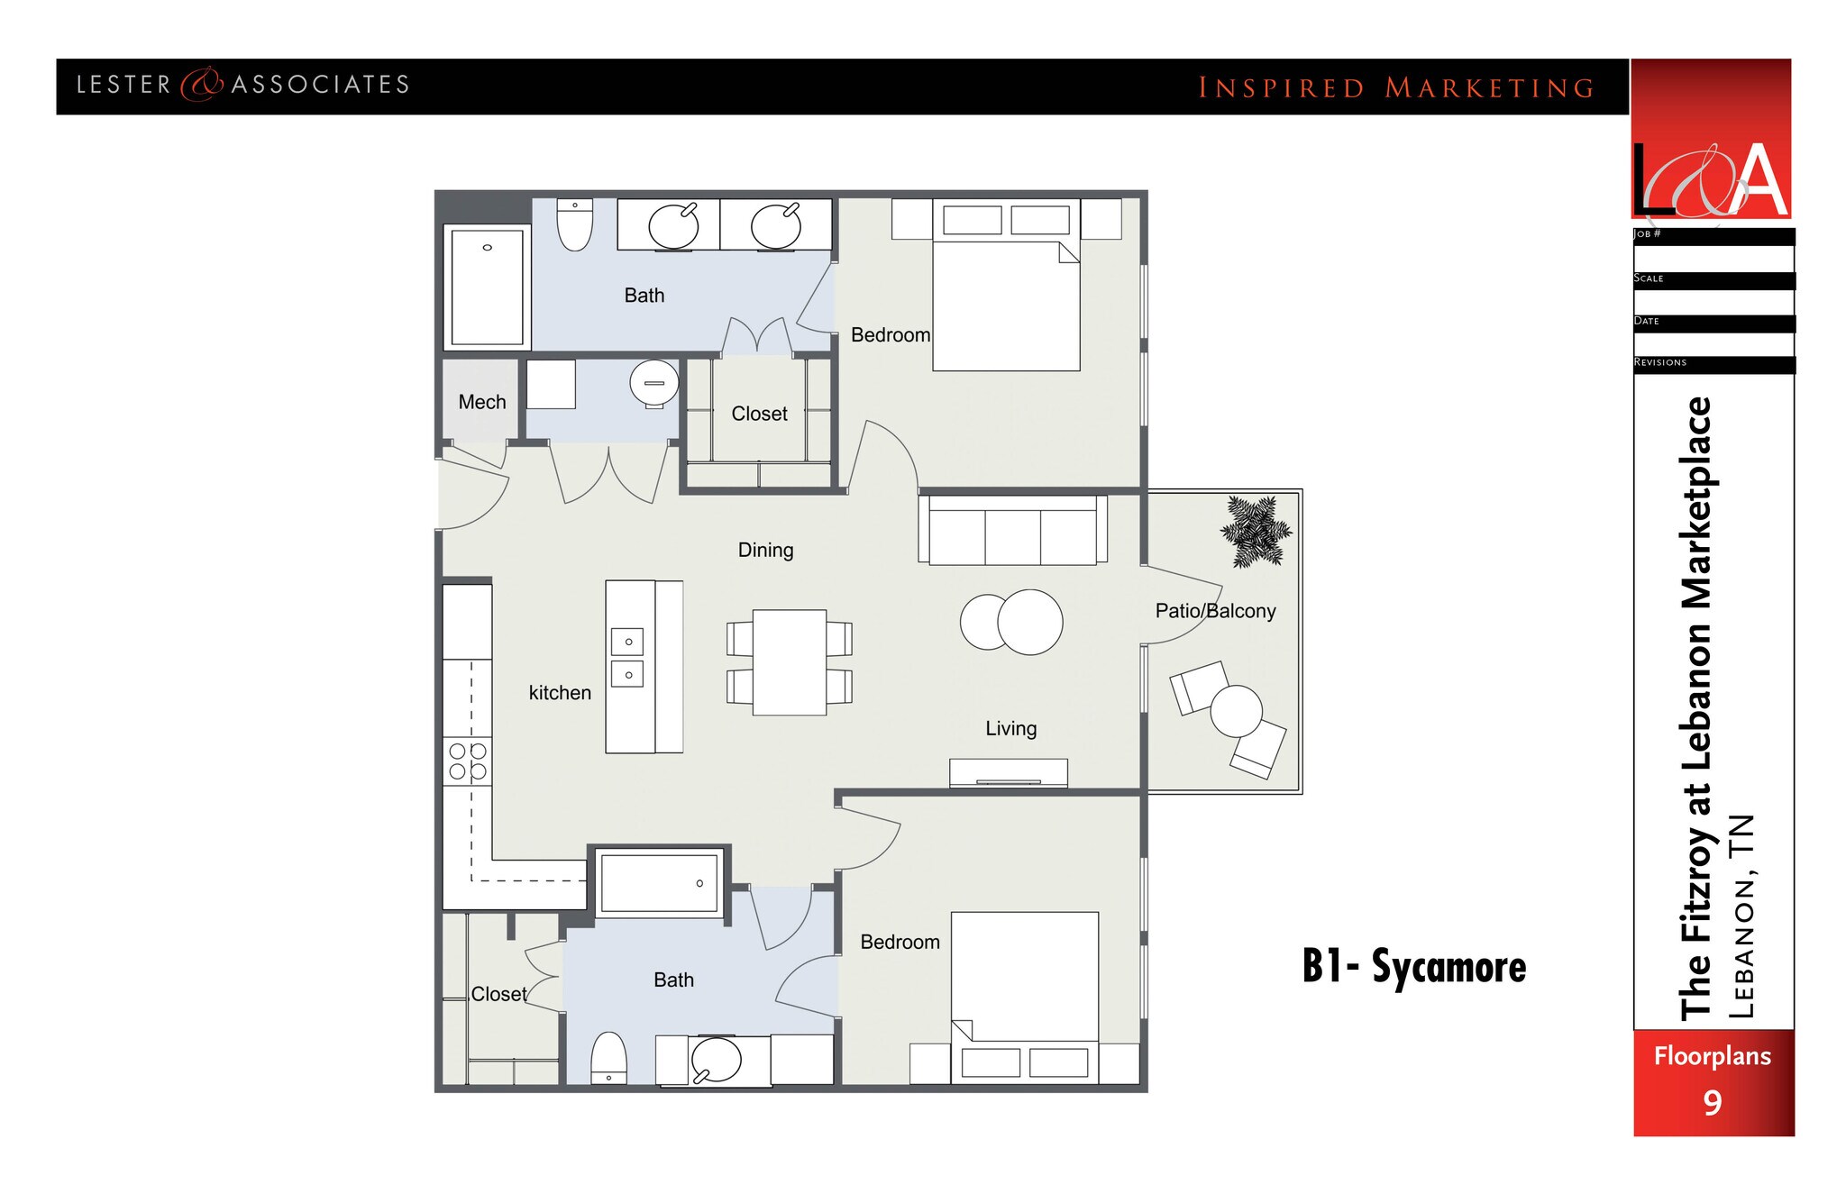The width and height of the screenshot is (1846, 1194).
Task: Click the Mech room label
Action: [x=481, y=402]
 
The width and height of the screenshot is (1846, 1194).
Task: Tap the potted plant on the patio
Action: [x=1255, y=532]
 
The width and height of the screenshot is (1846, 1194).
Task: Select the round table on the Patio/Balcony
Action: [x=1236, y=711]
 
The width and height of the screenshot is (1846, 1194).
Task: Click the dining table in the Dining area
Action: [x=790, y=662]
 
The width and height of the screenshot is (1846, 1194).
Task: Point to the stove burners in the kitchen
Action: [x=468, y=761]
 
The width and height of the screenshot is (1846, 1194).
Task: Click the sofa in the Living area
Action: [x=1012, y=532]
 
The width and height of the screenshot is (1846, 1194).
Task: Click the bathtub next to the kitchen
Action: [x=659, y=883]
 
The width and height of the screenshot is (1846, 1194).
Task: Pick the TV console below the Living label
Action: [x=1008, y=773]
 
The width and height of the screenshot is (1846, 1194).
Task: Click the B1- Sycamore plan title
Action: [x=1413, y=967]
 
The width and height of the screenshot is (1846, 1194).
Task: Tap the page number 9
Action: [x=1712, y=1103]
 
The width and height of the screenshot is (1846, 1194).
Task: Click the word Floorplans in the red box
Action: [x=1712, y=1056]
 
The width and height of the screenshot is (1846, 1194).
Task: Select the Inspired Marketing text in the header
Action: [x=1395, y=88]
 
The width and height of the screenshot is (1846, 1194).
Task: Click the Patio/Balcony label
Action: [x=1215, y=611]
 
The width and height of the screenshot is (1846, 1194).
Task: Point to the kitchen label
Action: [x=560, y=693]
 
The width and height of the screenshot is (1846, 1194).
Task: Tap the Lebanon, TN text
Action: [x=1741, y=916]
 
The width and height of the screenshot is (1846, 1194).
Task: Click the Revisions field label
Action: [x=1659, y=362]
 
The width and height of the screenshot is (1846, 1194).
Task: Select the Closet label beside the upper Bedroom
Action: [x=759, y=414]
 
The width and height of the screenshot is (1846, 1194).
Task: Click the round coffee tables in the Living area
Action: [x=1011, y=622]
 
